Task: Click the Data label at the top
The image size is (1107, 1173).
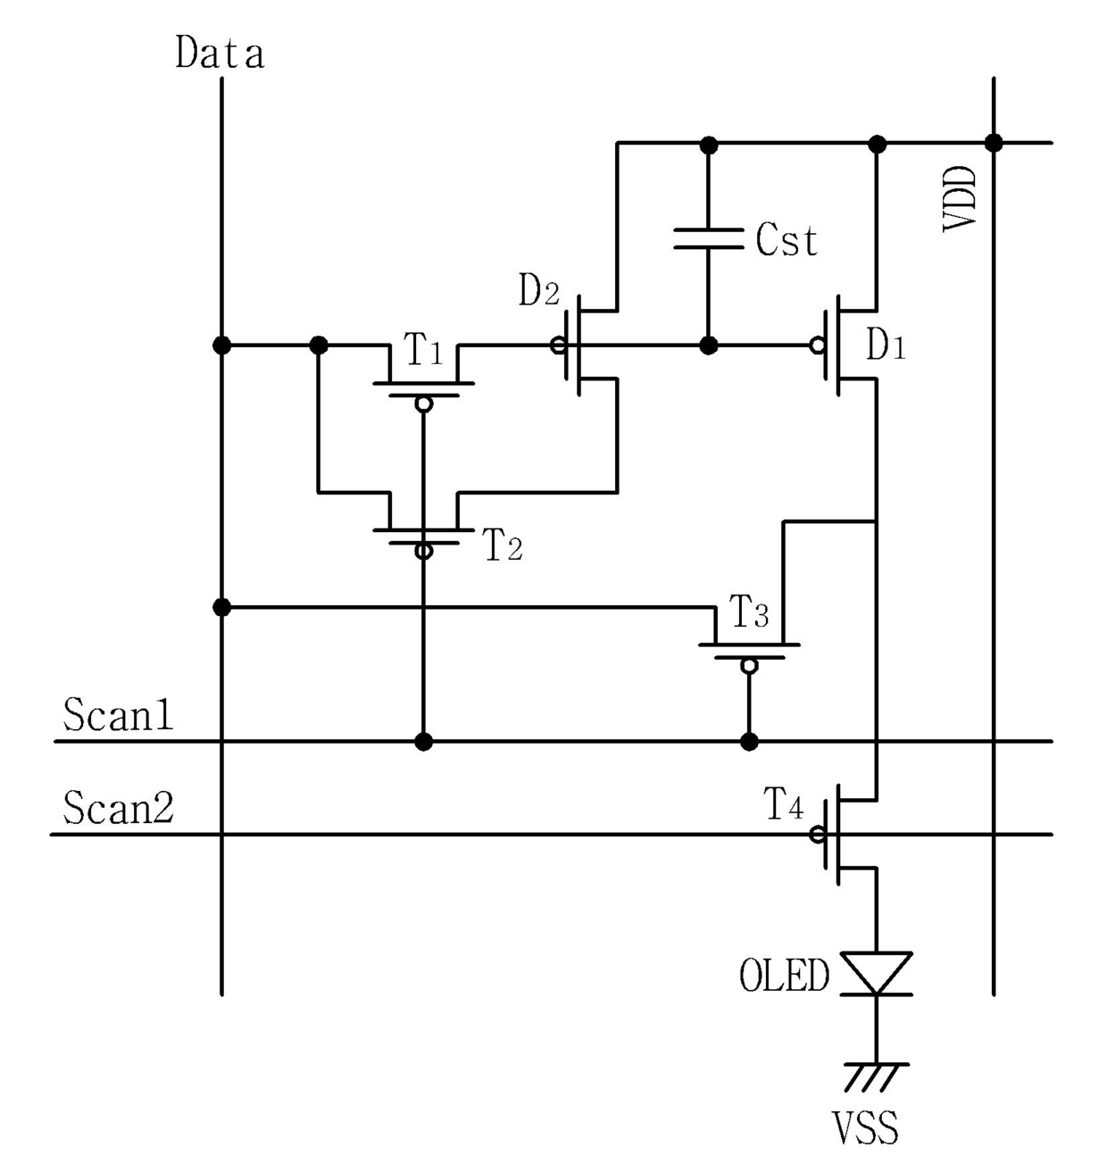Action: pyautogui.click(x=220, y=54)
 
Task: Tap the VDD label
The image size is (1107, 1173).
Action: pyautogui.click(x=958, y=198)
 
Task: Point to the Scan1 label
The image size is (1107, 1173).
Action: pyautogui.click(x=118, y=714)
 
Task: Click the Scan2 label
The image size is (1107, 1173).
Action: pyautogui.click(x=118, y=807)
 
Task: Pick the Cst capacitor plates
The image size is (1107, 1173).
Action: pyautogui.click(x=708, y=238)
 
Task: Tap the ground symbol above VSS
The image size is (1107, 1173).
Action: pyautogui.click(x=876, y=1077)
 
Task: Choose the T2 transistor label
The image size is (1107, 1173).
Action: pyautogui.click(x=503, y=544)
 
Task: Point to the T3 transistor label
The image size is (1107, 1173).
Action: pyautogui.click(x=749, y=611)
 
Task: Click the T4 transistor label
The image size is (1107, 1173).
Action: pyautogui.click(x=784, y=803)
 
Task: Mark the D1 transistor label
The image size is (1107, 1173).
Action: pyautogui.click(x=886, y=345)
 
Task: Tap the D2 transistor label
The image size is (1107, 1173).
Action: pyautogui.click(x=538, y=290)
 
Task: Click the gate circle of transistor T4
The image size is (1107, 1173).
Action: pyautogui.click(x=818, y=835)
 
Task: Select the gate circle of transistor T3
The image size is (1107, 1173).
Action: pyautogui.click(x=749, y=666)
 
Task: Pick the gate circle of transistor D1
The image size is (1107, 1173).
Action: pyautogui.click(x=818, y=345)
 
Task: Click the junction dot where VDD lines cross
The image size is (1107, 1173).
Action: pyautogui.click(x=994, y=142)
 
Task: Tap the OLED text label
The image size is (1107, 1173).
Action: pyautogui.click(x=785, y=975)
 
